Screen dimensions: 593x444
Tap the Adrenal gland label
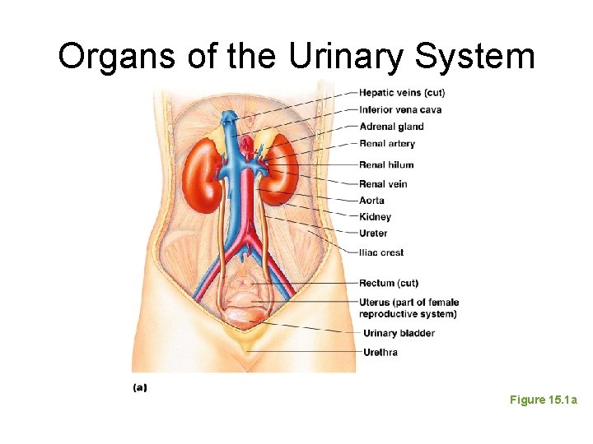(x=391, y=127)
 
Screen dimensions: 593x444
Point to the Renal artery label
(x=387, y=144)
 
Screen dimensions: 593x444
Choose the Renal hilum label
(x=386, y=165)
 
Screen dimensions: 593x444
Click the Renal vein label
(x=383, y=183)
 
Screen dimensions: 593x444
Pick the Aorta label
(x=371, y=200)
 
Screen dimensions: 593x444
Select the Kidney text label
(x=375, y=217)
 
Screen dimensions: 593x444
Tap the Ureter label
(x=373, y=234)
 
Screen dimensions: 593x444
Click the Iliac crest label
(x=381, y=252)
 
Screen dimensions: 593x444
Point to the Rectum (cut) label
(x=389, y=284)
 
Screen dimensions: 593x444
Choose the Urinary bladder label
(x=399, y=333)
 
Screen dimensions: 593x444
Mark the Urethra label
(x=380, y=352)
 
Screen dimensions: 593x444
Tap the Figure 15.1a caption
(x=544, y=400)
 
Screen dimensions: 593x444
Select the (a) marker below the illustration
(x=140, y=386)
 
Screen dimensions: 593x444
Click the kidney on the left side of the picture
(x=199, y=174)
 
